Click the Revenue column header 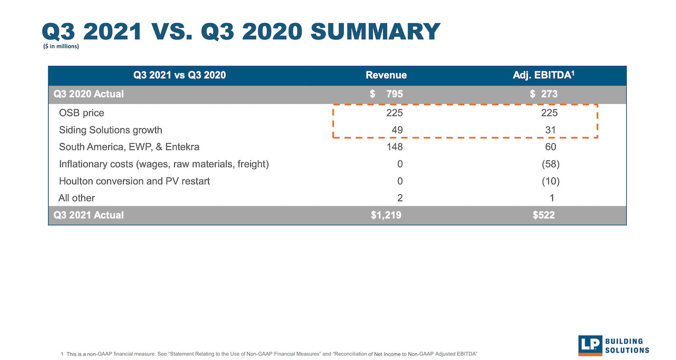tap(386, 75)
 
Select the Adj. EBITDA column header tap(543, 75)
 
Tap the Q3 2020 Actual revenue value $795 tap(387, 94)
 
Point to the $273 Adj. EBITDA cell tap(543, 94)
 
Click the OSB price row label tap(81, 113)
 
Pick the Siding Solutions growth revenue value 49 tap(397, 130)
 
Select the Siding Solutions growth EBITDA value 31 tap(551, 130)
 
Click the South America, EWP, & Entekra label tap(129, 147)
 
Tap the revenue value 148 tap(394, 147)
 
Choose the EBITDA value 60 tap(551, 147)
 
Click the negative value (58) tap(550, 164)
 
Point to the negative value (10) tap(550, 181)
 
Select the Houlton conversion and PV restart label tap(134, 181)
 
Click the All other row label tap(77, 198)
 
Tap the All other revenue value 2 tap(400, 198)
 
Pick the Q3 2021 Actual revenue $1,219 tap(386, 215)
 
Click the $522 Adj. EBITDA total tap(544, 215)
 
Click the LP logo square tap(590, 345)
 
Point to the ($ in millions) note tap(61, 46)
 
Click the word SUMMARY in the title tap(375, 32)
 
